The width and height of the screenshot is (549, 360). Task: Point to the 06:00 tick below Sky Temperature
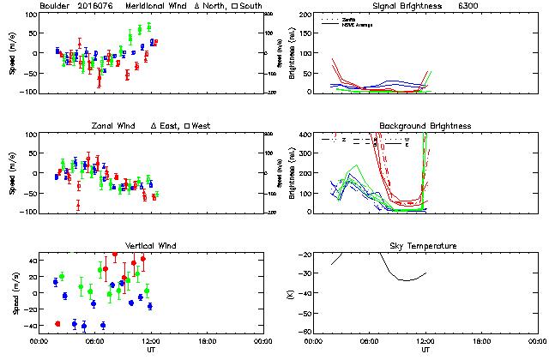click(x=370, y=341)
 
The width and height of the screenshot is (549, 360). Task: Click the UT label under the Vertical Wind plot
click(x=150, y=350)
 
